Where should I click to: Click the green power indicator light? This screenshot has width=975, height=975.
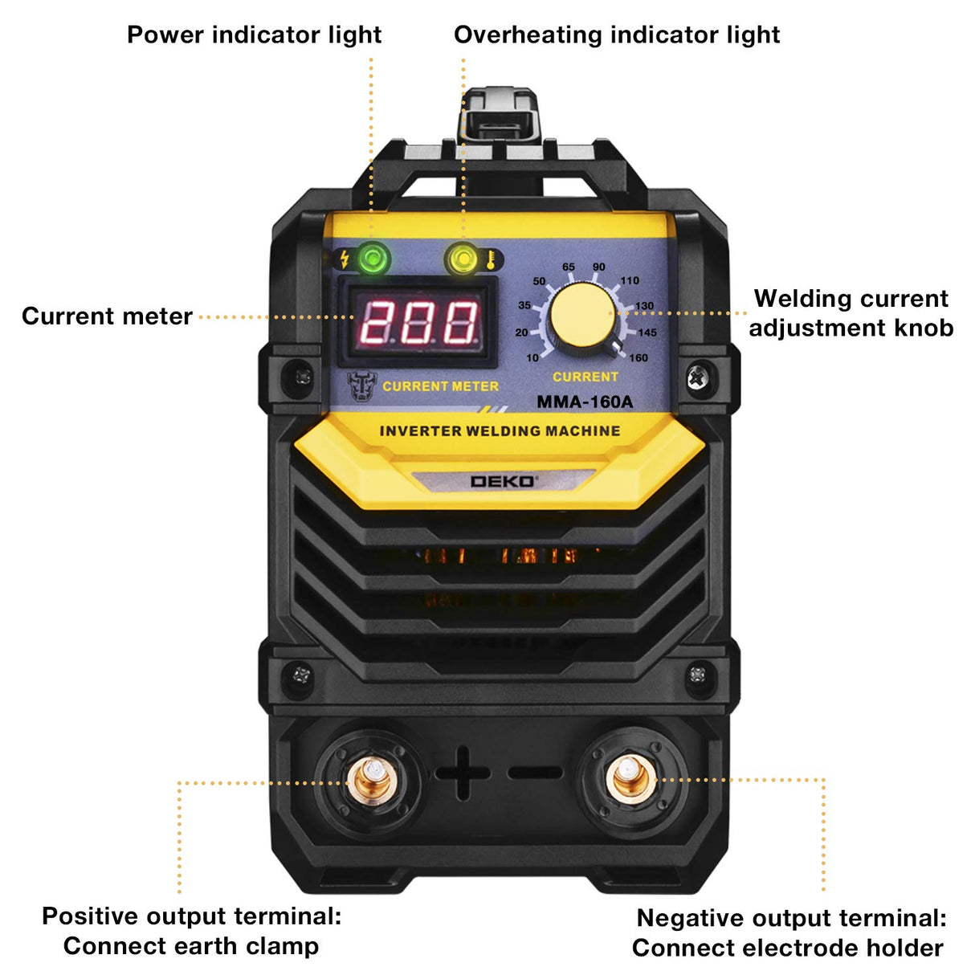click(373, 259)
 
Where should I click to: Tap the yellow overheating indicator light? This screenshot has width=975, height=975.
click(463, 259)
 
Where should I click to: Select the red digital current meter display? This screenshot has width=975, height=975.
click(418, 322)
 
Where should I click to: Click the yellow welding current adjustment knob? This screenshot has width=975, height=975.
click(583, 318)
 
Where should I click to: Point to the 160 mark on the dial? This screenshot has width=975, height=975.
click(638, 358)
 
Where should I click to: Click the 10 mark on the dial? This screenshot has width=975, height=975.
click(532, 358)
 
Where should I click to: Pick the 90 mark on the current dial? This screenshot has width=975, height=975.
click(599, 267)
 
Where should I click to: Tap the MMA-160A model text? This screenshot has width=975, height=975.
click(585, 402)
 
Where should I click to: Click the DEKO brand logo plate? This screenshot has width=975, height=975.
click(504, 481)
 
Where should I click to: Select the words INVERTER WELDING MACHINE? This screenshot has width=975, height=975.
click(500, 431)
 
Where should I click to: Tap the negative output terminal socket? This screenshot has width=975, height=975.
click(630, 777)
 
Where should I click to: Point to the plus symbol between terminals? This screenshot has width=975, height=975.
click(463, 773)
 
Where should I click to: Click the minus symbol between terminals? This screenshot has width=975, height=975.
click(536, 773)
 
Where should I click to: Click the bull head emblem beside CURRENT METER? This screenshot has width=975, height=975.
click(362, 386)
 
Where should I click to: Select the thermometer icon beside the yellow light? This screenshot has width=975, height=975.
click(490, 259)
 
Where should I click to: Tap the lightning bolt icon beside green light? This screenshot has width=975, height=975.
click(345, 259)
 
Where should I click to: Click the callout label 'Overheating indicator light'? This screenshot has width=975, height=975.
click(617, 35)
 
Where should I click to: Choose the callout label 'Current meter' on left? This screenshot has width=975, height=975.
click(107, 316)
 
